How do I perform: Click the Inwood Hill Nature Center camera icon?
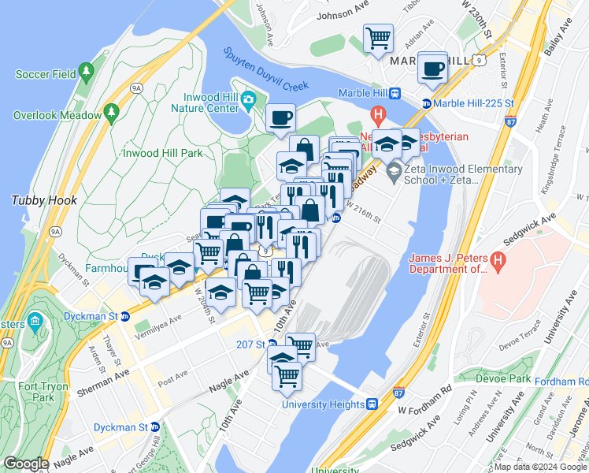click(249, 99)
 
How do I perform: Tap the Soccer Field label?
click(46, 75)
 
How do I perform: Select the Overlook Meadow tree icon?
click(110, 114)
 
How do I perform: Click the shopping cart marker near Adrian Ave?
click(379, 39)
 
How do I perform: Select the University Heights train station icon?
click(372, 404)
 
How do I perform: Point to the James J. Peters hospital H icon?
click(496, 259)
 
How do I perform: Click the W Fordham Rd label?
click(424, 412)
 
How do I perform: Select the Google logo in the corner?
click(27, 464)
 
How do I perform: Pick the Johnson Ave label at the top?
click(343, 15)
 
